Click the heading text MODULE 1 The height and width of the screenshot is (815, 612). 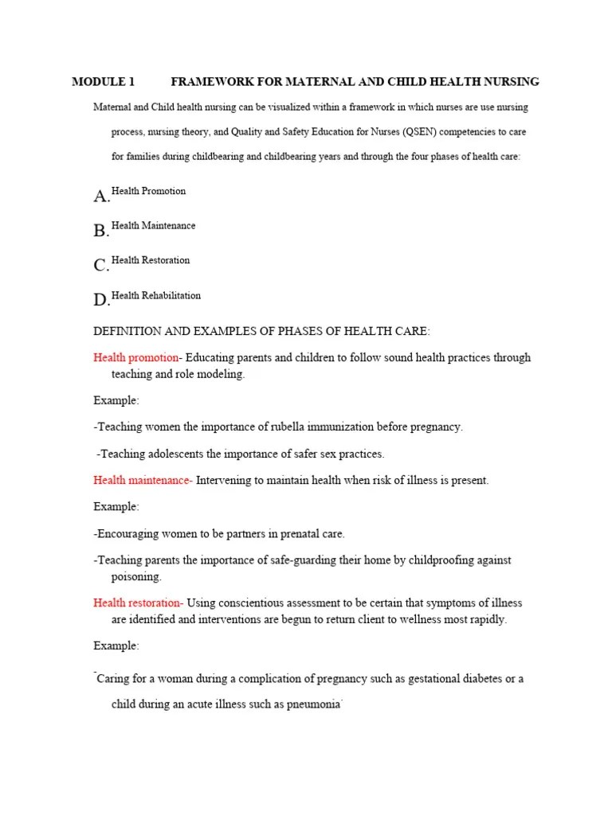point(104,82)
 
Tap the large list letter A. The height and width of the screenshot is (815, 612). point(101,197)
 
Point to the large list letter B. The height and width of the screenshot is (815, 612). point(101,231)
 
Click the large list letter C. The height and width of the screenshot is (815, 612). point(101,265)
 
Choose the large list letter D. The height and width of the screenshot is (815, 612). point(101,300)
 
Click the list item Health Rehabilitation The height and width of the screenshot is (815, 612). point(156,295)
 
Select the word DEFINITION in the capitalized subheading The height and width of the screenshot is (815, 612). point(128,331)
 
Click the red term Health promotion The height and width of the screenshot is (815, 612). point(135,357)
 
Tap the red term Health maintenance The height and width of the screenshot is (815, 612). point(142,480)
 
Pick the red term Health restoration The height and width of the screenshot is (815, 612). point(138,602)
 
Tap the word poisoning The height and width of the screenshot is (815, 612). point(136,576)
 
